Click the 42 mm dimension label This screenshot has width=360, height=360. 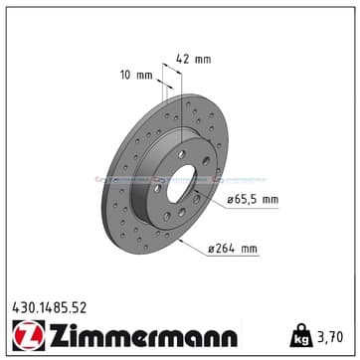tap(193, 60)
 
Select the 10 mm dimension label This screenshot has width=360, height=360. tap(136, 76)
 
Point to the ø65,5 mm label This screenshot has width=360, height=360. tap(253, 200)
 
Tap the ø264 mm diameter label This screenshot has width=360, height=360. tap(233, 249)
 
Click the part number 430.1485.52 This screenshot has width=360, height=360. tap(50, 308)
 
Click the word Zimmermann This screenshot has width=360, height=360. tap(143, 334)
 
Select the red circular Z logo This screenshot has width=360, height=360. tap(29, 335)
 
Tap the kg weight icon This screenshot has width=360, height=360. tap(301, 335)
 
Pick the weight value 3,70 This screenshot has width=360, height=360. tap(330, 337)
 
